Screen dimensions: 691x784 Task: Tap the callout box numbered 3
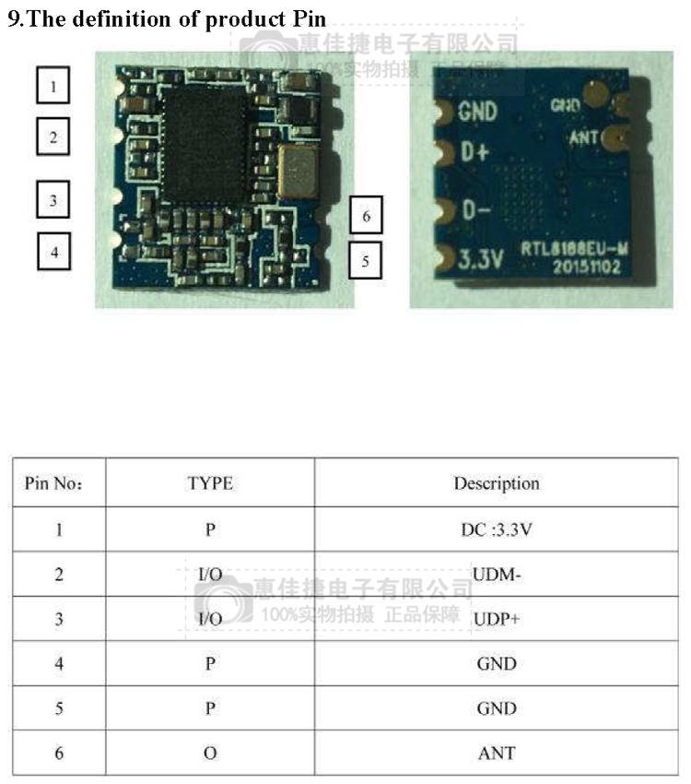coord(54,199)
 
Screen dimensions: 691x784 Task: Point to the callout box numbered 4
coord(54,250)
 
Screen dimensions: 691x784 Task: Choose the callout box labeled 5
coord(366,259)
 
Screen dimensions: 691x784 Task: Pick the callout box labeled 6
coord(366,216)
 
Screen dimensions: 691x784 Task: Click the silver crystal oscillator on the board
coord(299,172)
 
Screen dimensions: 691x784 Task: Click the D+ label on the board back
coord(474,152)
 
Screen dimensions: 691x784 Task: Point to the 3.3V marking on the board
coord(481,262)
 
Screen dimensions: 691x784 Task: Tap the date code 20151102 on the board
coord(586,266)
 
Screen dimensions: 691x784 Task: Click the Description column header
coord(496,483)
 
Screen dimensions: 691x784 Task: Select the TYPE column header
coord(210,483)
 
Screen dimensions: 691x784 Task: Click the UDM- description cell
coord(497,575)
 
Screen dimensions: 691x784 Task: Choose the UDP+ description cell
coord(497,619)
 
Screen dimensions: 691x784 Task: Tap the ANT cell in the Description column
coord(497,754)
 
